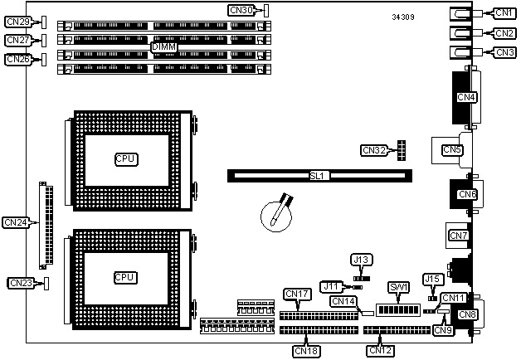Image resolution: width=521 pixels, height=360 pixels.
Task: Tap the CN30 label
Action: pyautogui.click(x=241, y=11)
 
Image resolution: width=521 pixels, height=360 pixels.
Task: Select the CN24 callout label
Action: pyautogui.click(x=16, y=222)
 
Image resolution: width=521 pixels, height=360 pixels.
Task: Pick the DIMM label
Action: pyautogui.click(x=164, y=48)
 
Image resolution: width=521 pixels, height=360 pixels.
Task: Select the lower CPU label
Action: pyautogui.click(x=125, y=276)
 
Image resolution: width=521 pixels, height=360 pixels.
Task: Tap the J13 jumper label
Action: pyautogui.click(x=361, y=260)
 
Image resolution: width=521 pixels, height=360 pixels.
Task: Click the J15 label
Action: pyautogui.click(x=431, y=279)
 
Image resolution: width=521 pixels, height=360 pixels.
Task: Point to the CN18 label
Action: pyautogui.click(x=305, y=350)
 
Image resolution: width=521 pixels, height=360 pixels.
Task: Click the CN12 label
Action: pyautogui.click(x=380, y=349)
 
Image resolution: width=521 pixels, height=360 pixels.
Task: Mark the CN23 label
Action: pyautogui.click(x=21, y=284)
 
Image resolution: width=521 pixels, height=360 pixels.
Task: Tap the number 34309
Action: pyautogui.click(x=406, y=17)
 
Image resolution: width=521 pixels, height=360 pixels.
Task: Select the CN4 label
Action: pyautogui.click(x=466, y=97)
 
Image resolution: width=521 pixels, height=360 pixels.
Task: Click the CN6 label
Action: pyautogui.click(x=467, y=194)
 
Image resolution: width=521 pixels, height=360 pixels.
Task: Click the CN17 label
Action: pyautogui.click(x=296, y=294)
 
